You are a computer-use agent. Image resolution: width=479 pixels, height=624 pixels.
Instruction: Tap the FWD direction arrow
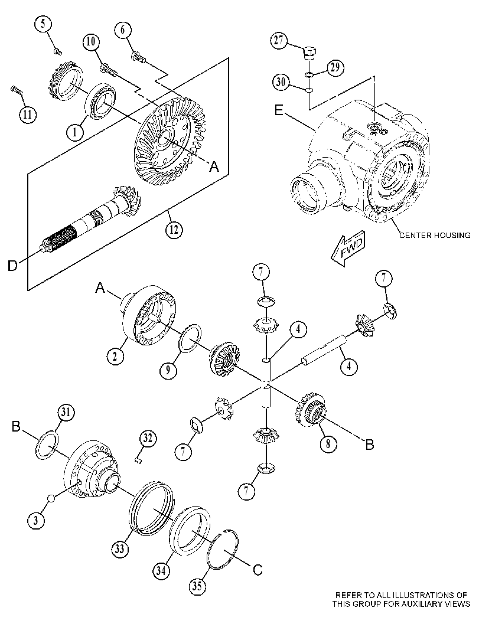coord(349,250)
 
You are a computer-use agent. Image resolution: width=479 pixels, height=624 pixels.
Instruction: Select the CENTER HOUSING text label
coord(435,235)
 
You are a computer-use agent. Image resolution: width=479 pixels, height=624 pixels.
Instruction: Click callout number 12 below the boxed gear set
coord(174,230)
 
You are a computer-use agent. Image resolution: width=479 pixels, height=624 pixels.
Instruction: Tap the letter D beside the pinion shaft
coord(13,266)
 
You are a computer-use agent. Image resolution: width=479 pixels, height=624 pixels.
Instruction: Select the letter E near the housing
coord(279,110)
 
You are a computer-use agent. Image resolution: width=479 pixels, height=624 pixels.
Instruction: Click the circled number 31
coord(66,413)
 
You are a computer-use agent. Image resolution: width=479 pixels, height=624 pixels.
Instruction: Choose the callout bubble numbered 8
coord(328,444)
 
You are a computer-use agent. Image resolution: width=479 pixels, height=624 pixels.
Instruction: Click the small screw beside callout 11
coord(17,90)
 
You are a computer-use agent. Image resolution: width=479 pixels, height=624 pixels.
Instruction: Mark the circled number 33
coord(119,549)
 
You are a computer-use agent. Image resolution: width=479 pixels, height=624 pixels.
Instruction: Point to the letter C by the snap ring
coord(258,570)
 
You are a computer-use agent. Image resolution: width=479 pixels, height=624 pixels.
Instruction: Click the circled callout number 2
coord(115,356)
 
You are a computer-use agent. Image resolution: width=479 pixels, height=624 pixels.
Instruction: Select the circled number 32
coord(148,439)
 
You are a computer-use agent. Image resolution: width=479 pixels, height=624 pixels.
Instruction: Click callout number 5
coord(44,23)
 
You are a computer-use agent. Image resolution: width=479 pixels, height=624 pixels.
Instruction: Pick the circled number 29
coord(335,68)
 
